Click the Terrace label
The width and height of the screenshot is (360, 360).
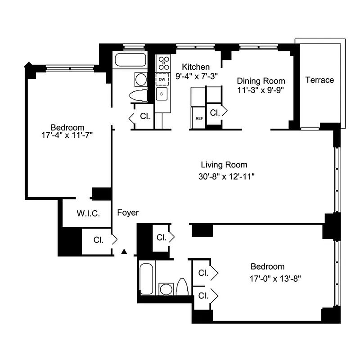pyautogui.click(x=319, y=80)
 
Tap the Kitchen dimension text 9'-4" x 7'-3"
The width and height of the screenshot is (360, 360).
pyautogui.click(x=196, y=76)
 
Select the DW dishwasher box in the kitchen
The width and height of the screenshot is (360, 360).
pyautogui.click(x=162, y=80)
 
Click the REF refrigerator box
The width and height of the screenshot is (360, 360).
pyautogui.click(x=198, y=119)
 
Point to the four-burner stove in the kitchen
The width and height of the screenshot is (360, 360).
pyautogui.click(x=163, y=63)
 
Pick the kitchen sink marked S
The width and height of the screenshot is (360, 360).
pyautogui.click(x=162, y=94)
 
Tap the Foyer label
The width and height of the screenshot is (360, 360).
pyautogui.click(x=128, y=213)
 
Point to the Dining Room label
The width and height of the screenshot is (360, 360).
pyautogui.click(x=261, y=81)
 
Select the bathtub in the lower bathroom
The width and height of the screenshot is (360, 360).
pyautogui.click(x=147, y=278)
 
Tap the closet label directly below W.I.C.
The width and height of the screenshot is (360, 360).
pyautogui.click(x=99, y=240)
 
